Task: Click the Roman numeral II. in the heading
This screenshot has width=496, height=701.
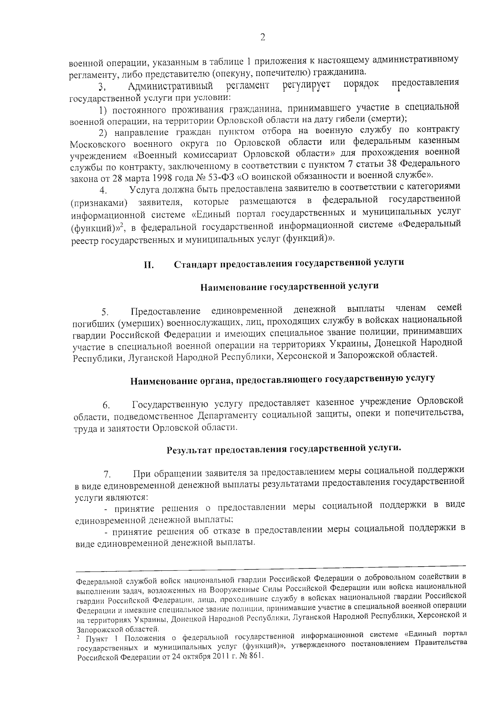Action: (149, 265)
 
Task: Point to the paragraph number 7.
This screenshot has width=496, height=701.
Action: (107, 473)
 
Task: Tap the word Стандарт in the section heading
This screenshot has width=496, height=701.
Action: (194, 264)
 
